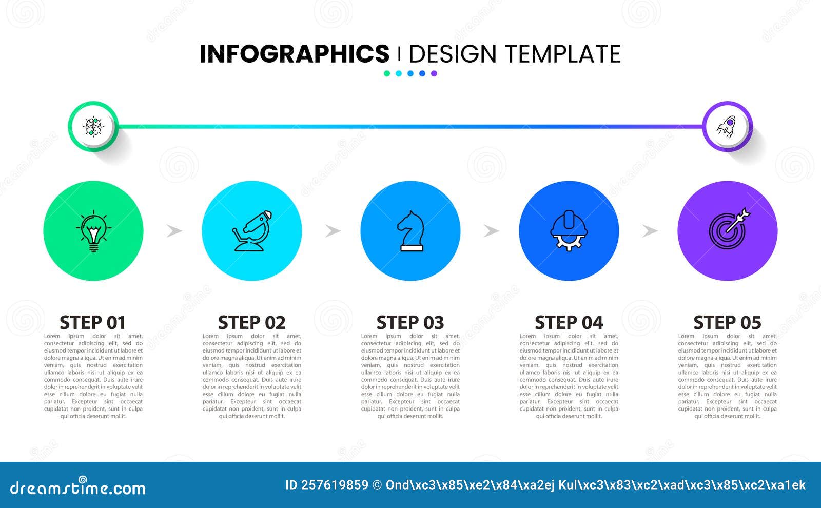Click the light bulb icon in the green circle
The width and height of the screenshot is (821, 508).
coord(93,231)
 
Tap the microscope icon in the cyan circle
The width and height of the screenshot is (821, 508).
coord(252,231)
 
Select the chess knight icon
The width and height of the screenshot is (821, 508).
coord(411,231)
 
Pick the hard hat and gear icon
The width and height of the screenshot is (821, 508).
coord(569,231)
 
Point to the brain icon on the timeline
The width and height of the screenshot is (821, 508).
coord(93,126)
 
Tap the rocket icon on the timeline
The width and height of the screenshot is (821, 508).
coord(727,126)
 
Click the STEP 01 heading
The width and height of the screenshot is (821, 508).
coord(93,323)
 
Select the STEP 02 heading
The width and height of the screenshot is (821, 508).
coord(251,323)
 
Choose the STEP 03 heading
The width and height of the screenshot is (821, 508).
coord(410,323)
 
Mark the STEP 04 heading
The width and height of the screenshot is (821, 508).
coord(569,323)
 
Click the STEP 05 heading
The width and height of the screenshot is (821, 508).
coord(727,323)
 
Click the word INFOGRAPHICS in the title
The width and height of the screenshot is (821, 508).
coord(295,54)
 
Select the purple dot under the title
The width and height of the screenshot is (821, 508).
coord(434,73)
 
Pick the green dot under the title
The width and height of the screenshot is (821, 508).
coord(387,73)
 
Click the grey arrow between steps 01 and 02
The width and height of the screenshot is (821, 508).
coord(174,231)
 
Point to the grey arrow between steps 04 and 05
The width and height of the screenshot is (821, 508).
coord(650,231)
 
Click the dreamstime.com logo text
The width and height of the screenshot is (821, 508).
coord(77,487)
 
